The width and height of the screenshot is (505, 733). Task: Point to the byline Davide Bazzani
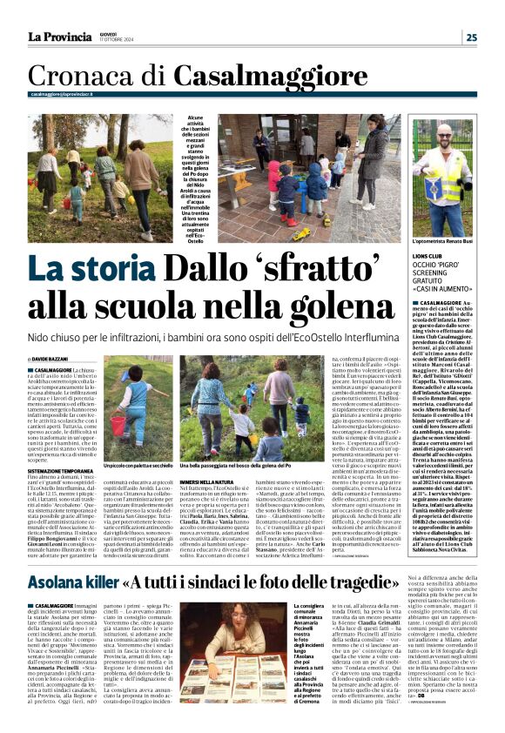(x=57, y=359)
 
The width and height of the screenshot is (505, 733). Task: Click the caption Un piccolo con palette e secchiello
(x=128, y=466)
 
